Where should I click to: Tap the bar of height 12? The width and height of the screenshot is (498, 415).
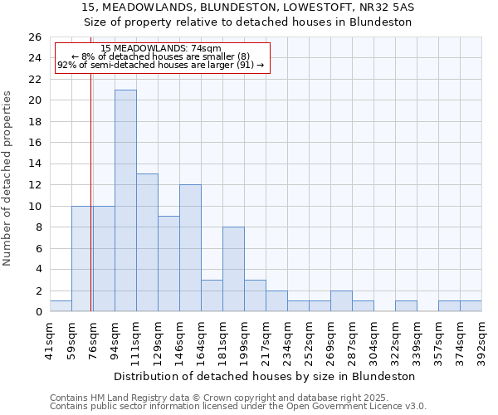pyautogui.click(x=190, y=248)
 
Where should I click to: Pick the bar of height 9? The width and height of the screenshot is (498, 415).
pyautogui.click(x=168, y=264)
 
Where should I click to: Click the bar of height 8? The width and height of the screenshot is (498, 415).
pyautogui.click(x=233, y=269)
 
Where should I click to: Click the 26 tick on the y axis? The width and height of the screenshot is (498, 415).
pyautogui.click(x=35, y=37)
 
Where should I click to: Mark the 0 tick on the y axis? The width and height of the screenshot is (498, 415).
pyautogui.click(x=38, y=312)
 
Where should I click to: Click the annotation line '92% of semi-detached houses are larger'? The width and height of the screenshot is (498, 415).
pyautogui.click(x=160, y=65)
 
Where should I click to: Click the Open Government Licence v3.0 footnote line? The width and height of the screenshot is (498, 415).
pyautogui.click(x=238, y=407)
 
